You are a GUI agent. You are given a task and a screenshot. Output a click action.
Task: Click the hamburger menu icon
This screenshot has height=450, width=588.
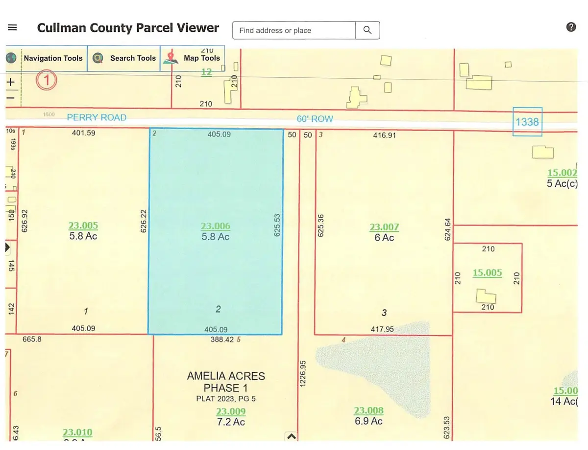13,28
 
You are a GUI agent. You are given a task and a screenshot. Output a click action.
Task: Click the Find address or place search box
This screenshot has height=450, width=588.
294,30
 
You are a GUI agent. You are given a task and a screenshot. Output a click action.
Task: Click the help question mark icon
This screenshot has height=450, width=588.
571,27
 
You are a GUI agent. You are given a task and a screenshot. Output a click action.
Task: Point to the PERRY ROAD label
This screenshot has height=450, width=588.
97,117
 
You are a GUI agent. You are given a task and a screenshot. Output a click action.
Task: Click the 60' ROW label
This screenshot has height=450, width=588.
315,119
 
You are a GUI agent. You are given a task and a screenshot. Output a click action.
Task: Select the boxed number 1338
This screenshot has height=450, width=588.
527,121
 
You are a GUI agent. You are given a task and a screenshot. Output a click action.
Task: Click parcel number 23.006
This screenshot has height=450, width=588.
216,226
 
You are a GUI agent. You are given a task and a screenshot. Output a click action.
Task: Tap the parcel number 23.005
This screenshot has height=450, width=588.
83,225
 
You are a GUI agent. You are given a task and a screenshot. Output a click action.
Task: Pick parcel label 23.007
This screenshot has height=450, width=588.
384,227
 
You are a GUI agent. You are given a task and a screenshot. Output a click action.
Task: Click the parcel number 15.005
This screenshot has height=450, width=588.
487,272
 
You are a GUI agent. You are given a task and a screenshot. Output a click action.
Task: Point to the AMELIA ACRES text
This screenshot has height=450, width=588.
226,376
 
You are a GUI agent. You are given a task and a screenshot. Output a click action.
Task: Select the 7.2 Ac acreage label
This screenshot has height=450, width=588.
231,422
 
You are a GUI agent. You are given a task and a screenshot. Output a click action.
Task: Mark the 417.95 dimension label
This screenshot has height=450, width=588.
382,329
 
